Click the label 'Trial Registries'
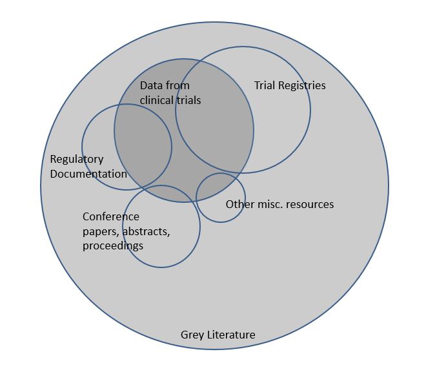click(x=290, y=85)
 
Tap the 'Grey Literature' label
click(x=218, y=335)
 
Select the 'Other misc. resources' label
click(x=279, y=204)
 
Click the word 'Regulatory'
click(x=76, y=159)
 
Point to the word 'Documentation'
click(x=88, y=174)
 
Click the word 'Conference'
click(x=110, y=216)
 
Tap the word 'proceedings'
click(x=113, y=245)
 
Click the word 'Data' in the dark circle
click(x=151, y=85)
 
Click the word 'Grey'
click(x=192, y=335)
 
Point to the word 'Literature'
click(x=231, y=335)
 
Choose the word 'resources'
click(x=312, y=204)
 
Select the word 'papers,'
click(x=101, y=231)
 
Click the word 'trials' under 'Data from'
click(x=188, y=100)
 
